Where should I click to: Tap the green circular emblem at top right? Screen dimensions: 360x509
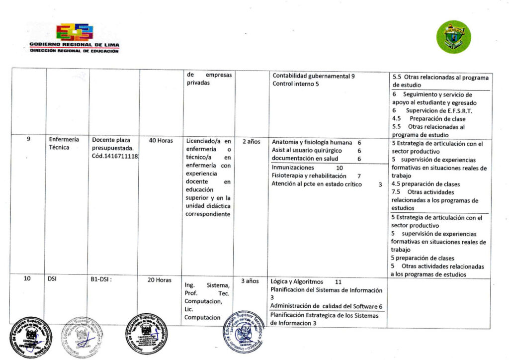click(x=454, y=37)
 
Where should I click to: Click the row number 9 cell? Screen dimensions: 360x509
click(x=28, y=140)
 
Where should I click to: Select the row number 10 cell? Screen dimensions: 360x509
click(x=28, y=279)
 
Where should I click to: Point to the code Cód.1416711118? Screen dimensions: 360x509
click(x=115, y=157)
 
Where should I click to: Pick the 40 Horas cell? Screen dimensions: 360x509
click(x=161, y=141)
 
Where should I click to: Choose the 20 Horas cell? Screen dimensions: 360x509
click(x=159, y=280)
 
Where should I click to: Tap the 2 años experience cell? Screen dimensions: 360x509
click(x=251, y=141)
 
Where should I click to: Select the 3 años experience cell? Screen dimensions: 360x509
click(x=250, y=281)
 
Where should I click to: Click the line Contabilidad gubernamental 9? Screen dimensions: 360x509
click(x=313, y=76)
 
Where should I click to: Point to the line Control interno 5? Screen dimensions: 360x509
click(x=295, y=84)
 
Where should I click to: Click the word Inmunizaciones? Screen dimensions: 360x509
click(x=293, y=168)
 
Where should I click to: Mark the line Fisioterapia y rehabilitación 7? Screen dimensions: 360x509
click(x=316, y=176)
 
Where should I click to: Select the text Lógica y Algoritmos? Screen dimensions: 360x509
click(x=297, y=281)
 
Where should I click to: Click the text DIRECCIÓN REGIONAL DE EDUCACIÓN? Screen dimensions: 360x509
click(x=74, y=51)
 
